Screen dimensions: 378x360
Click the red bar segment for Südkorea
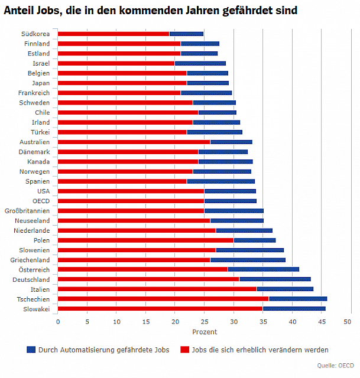113,34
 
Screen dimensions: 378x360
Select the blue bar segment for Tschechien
298,299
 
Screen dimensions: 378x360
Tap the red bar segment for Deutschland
148,279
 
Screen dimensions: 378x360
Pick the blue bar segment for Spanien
220,181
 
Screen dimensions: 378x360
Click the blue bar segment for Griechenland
248,260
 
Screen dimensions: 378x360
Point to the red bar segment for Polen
145,240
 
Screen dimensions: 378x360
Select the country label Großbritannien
27,211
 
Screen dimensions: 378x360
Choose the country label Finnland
37,44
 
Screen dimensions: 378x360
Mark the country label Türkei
40,132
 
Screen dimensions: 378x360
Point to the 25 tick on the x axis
205,322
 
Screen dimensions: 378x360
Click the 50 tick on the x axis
348,322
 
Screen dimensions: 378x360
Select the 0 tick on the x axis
58,322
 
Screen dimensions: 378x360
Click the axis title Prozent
205,332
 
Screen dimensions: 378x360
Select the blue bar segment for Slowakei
294,309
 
